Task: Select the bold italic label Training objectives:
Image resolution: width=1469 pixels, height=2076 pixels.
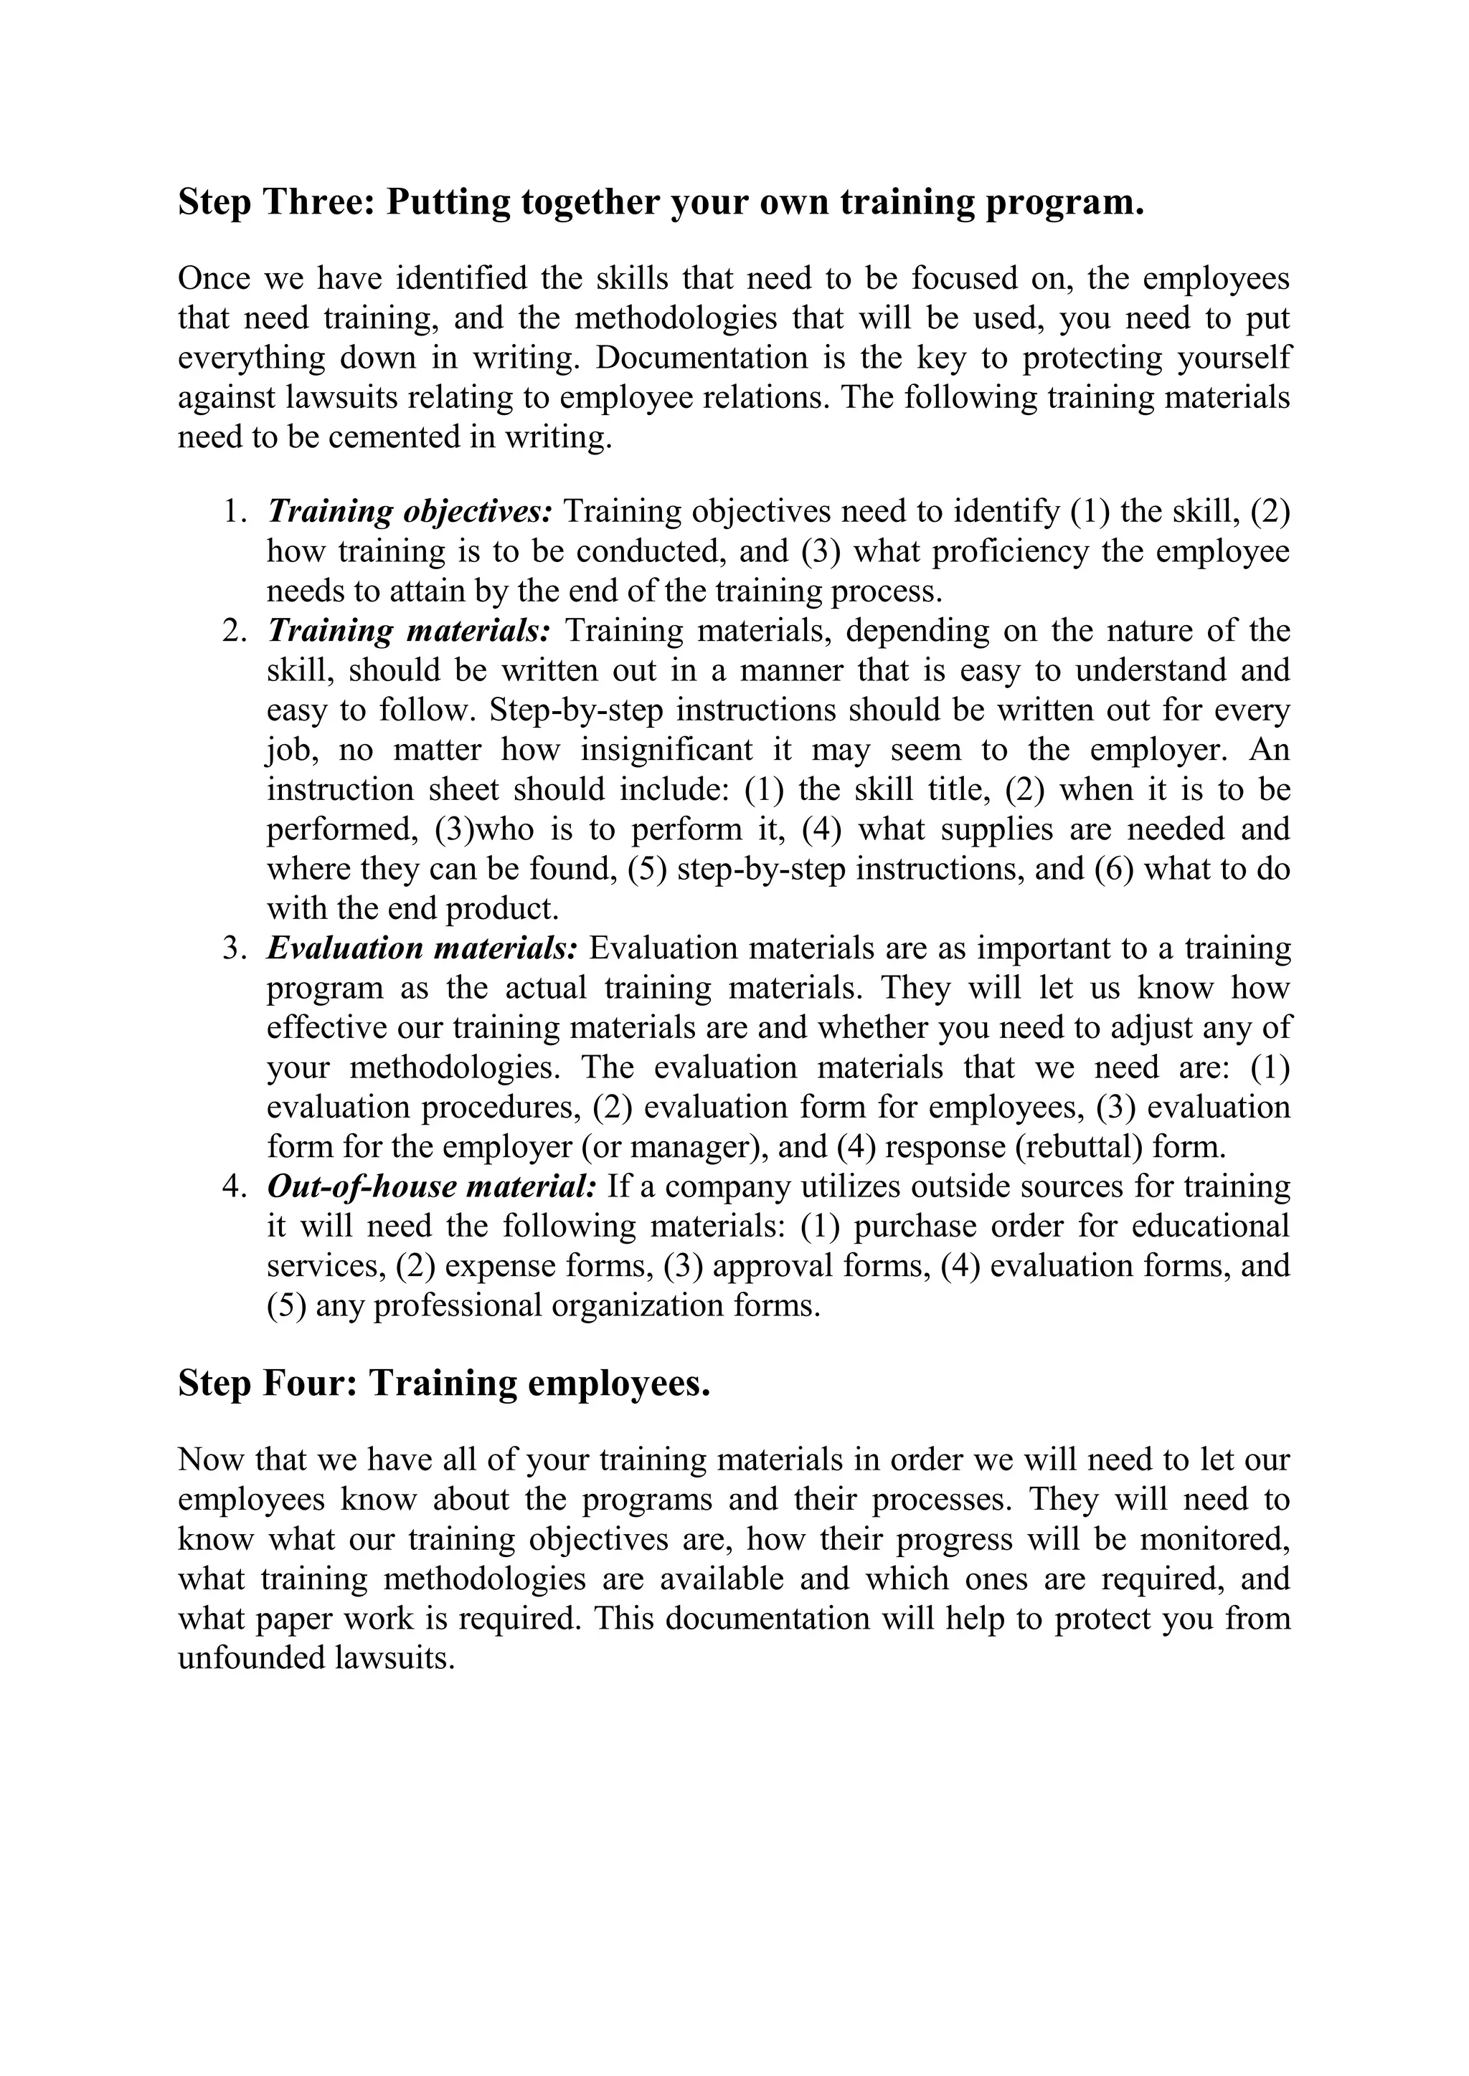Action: tap(410, 512)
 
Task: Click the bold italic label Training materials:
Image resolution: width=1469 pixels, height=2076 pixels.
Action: tap(409, 631)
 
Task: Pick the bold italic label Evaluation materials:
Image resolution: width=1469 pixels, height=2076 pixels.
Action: tap(422, 948)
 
